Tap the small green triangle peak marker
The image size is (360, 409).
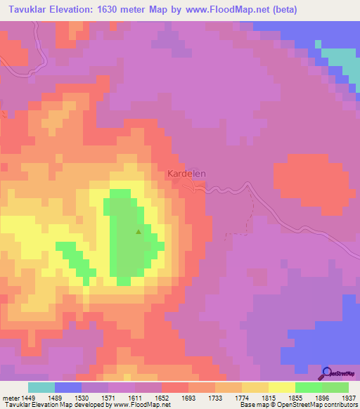coord(139,231)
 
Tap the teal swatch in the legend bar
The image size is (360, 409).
coord(41,387)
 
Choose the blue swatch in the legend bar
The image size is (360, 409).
coord(68,387)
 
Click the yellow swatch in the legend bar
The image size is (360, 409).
coord(282,387)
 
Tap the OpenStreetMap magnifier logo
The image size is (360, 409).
coord(326,373)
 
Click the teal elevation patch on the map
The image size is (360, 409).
coord(340,58)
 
